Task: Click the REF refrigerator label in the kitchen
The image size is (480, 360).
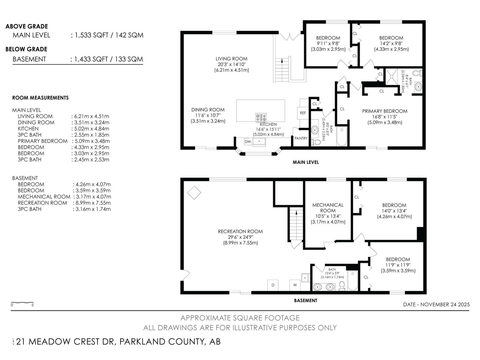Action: click(x=303, y=113)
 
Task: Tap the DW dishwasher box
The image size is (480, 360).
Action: click(x=248, y=142)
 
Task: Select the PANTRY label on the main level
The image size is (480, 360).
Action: click(x=301, y=138)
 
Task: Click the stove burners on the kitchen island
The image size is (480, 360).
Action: click(x=261, y=117)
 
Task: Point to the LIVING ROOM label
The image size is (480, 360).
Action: click(x=231, y=59)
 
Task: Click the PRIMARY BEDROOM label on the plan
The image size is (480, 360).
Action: click(x=385, y=111)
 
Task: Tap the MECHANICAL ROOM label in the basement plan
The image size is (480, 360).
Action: click(x=328, y=208)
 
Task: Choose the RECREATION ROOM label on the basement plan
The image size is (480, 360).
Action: click(x=240, y=232)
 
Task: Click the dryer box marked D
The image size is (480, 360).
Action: click(x=273, y=285)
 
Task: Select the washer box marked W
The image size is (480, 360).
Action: click(x=295, y=285)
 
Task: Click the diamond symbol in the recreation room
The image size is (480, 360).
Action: click(x=194, y=193)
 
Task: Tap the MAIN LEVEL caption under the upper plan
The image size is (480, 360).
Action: click(x=305, y=162)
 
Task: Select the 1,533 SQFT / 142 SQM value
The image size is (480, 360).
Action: click(x=109, y=35)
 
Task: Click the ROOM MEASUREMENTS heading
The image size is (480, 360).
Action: click(x=40, y=98)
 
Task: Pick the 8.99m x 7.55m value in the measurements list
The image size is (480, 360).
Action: click(x=91, y=203)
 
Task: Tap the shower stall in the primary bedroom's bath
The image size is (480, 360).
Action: click(x=391, y=77)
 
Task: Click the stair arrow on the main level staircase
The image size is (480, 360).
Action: click(x=282, y=61)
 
